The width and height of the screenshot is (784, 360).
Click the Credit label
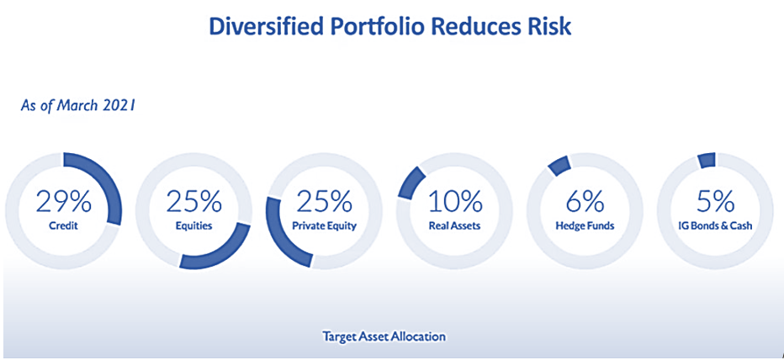click(x=63, y=225)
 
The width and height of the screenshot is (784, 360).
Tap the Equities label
click(x=194, y=226)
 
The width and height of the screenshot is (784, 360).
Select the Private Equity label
click(x=325, y=226)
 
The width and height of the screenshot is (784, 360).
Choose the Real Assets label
click(x=455, y=225)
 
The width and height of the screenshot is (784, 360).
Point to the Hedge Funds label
click(x=585, y=225)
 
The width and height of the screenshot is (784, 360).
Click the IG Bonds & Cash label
click(x=715, y=225)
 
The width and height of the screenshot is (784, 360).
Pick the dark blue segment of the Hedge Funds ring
click(x=559, y=166)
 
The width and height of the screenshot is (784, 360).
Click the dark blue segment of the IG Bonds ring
click(x=707, y=160)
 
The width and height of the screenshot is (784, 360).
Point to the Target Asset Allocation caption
click(x=384, y=336)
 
